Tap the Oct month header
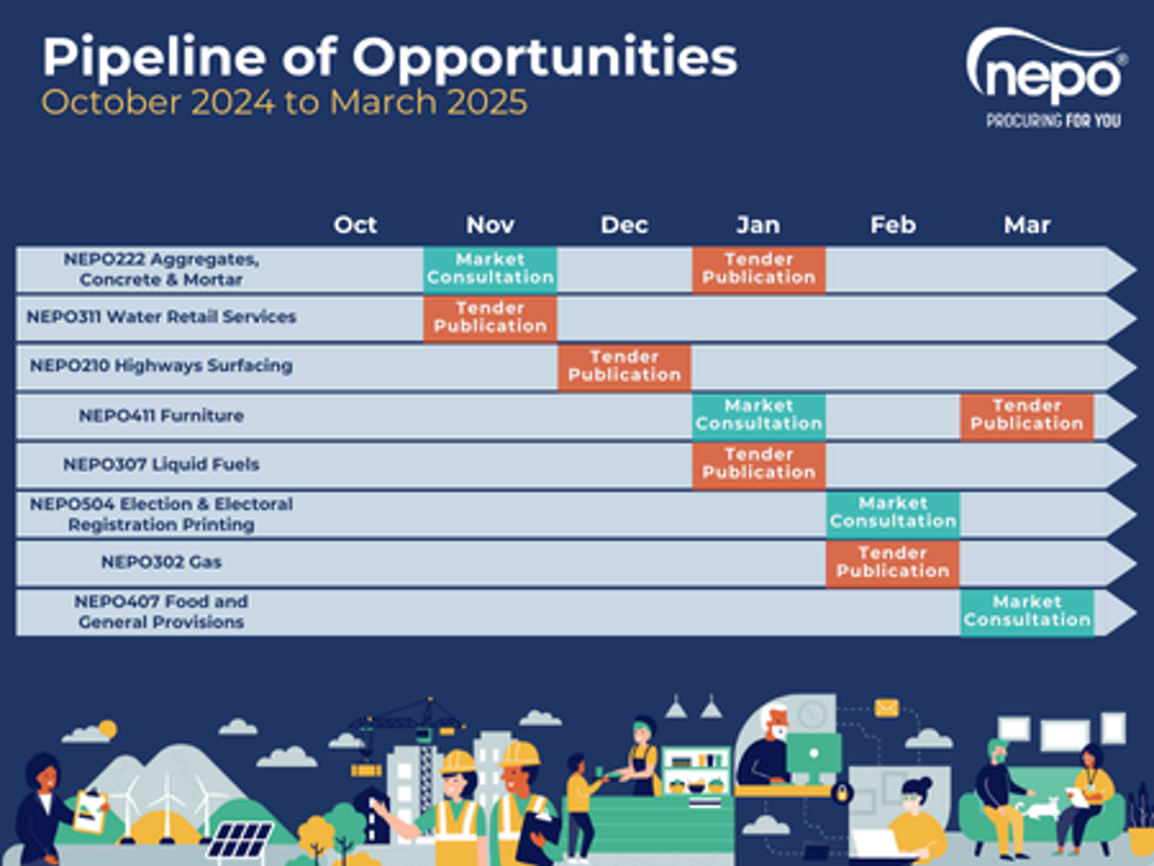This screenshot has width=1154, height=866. point(356,225)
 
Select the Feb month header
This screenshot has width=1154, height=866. point(893,225)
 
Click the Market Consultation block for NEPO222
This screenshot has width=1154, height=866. point(490,269)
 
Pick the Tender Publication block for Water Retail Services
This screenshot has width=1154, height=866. point(490,318)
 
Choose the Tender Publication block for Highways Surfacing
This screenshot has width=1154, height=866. point(625,367)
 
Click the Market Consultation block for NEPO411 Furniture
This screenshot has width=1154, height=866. point(759,416)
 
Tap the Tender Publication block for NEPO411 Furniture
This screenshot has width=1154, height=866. point(1027,416)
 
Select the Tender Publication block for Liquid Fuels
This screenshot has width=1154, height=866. point(759,465)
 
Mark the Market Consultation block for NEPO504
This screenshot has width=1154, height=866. point(893,514)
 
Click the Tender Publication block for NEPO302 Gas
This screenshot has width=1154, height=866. point(893,563)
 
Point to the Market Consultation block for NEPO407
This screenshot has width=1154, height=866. point(1027,613)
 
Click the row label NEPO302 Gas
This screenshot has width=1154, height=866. point(162,562)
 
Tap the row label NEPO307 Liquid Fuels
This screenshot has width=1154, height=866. point(162,464)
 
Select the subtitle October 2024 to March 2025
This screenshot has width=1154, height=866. point(284,102)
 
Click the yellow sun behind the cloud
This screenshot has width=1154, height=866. point(107,729)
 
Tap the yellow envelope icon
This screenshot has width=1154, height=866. point(886,708)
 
